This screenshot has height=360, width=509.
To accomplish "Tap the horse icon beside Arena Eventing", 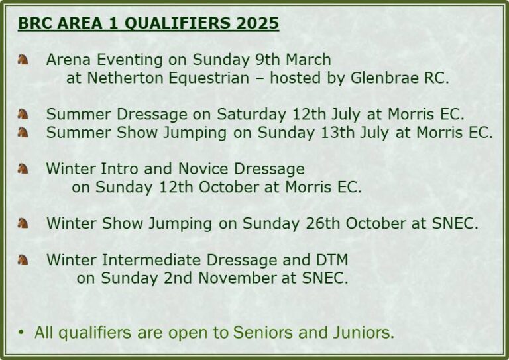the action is coord(23,60).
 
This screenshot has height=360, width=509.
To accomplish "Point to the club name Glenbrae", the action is coord(384,78).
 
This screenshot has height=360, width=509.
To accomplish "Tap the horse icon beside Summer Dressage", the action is coord(23,114).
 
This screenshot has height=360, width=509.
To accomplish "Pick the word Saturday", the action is coord(251,115).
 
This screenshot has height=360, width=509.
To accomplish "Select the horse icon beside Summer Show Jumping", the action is coord(23,133).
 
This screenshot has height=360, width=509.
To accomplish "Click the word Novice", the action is coord(203,169).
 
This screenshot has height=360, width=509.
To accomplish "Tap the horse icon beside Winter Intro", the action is coord(23,169).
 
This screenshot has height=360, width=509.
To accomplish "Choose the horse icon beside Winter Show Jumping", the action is coord(23,223).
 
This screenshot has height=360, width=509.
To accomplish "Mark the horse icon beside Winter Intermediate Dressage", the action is coord(23,260).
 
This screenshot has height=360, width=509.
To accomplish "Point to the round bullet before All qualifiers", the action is coord(21,332).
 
